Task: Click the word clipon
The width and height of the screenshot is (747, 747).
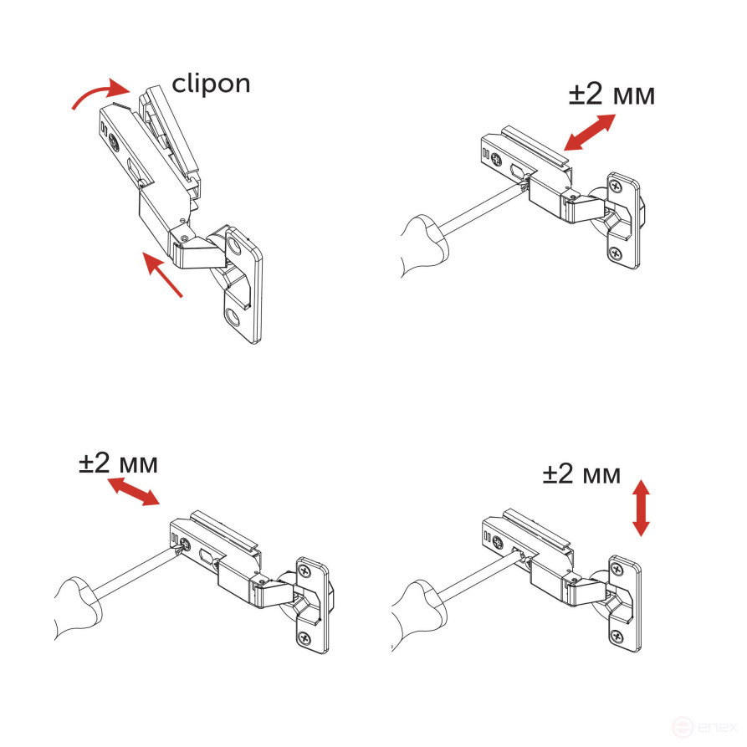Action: [x=211, y=84]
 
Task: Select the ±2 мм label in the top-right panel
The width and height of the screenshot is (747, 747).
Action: [x=611, y=95]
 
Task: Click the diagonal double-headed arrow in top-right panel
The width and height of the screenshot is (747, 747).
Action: [x=590, y=131]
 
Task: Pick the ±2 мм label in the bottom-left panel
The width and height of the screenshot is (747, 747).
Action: [x=118, y=463]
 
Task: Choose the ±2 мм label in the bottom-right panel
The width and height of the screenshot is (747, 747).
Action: [x=581, y=474]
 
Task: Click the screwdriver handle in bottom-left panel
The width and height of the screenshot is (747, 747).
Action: [x=79, y=602]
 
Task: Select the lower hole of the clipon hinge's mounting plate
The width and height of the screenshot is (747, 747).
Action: [x=233, y=315]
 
